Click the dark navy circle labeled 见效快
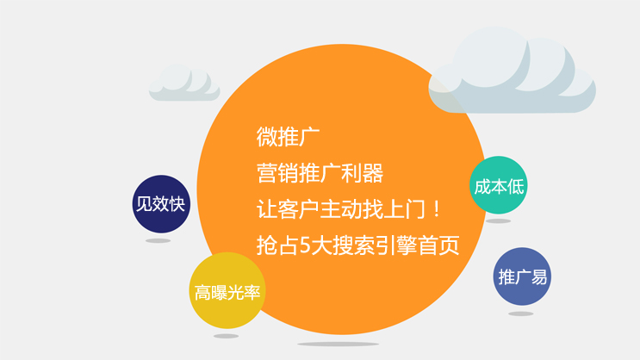pos(161,204)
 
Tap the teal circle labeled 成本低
pos(499,185)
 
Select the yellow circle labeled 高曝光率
pos(227,290)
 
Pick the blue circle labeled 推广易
pos(522,276)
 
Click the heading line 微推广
pos(288,137)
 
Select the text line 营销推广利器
pos(320,173)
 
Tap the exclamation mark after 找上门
pos(437,209)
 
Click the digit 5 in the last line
pos(305,245)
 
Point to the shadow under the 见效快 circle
pos(158,241)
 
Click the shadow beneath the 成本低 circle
pos(498,221)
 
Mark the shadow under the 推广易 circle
pos(521,313)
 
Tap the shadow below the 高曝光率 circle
pos(227,337)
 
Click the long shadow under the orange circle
pos(338,344)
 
